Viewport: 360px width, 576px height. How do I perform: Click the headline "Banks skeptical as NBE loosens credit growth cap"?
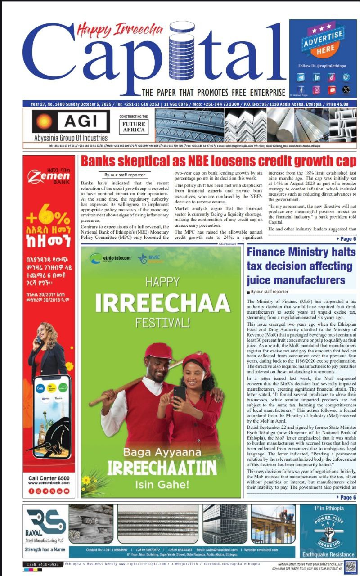click(x=218, y=161)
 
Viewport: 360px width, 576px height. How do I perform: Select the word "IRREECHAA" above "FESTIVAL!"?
click(x=161, y=303)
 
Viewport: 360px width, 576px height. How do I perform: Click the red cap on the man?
click(x=159, y=351)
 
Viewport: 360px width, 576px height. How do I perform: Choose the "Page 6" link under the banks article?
click(x=346, y=239)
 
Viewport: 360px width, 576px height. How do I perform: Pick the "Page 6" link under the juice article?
click(x=346, y=497)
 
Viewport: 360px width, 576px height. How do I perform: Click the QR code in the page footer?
click(x=351, y=566)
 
